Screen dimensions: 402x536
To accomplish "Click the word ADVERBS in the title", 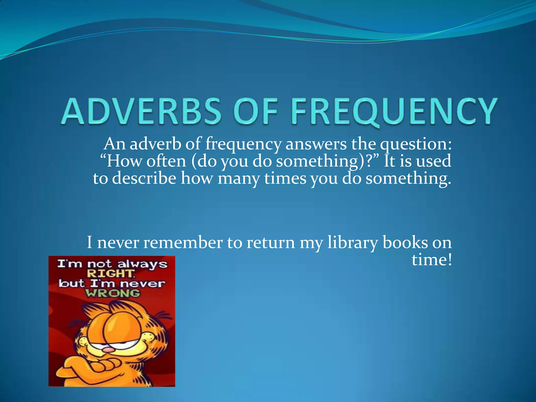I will point(142,111).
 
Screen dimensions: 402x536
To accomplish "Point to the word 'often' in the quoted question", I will point(166,161).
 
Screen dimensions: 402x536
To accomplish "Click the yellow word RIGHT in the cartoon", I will point(110,274).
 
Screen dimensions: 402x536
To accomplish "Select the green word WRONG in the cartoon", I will point(113,293).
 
